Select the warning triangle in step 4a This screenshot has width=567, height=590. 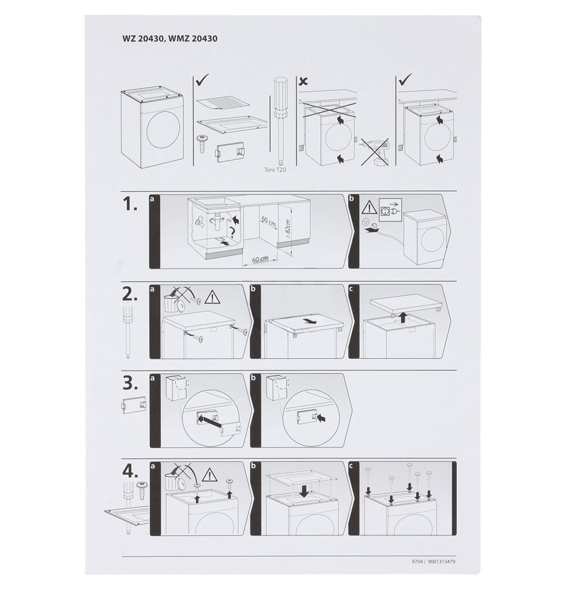210,476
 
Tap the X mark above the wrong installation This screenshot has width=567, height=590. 304,81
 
